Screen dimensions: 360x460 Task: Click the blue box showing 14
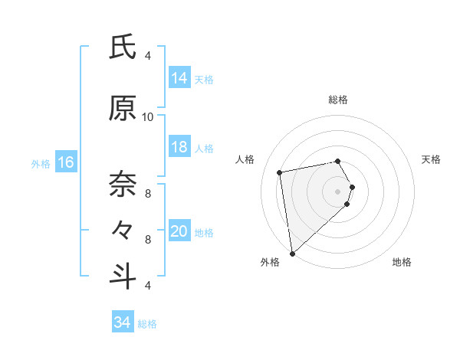click(x=179, y=78)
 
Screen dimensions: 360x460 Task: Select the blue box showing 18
click(x=179, y=147)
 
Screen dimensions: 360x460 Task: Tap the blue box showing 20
click(x=179, y=232)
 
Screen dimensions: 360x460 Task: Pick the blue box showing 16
click(x=66, y=162)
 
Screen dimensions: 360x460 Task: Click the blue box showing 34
click(x=123, y=323)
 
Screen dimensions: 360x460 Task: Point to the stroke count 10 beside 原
click(x=148, y=117)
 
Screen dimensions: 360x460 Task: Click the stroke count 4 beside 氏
click(x=148, y=56)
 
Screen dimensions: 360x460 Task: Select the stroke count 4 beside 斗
click(x=148, y=285)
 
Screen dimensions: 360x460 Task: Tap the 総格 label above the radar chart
click(x=338, y=100)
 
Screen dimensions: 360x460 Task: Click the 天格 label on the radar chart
click(x=432, y=159)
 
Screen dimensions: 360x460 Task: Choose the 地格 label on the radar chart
click(x=402, y=262)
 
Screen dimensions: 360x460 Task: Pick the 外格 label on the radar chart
click(x=270, y=262)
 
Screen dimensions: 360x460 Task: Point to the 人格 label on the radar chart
click(x=245, y=159)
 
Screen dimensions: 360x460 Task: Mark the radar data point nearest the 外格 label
click(x=292, y=253)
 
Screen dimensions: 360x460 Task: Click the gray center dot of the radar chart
click(x=338, y=191)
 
